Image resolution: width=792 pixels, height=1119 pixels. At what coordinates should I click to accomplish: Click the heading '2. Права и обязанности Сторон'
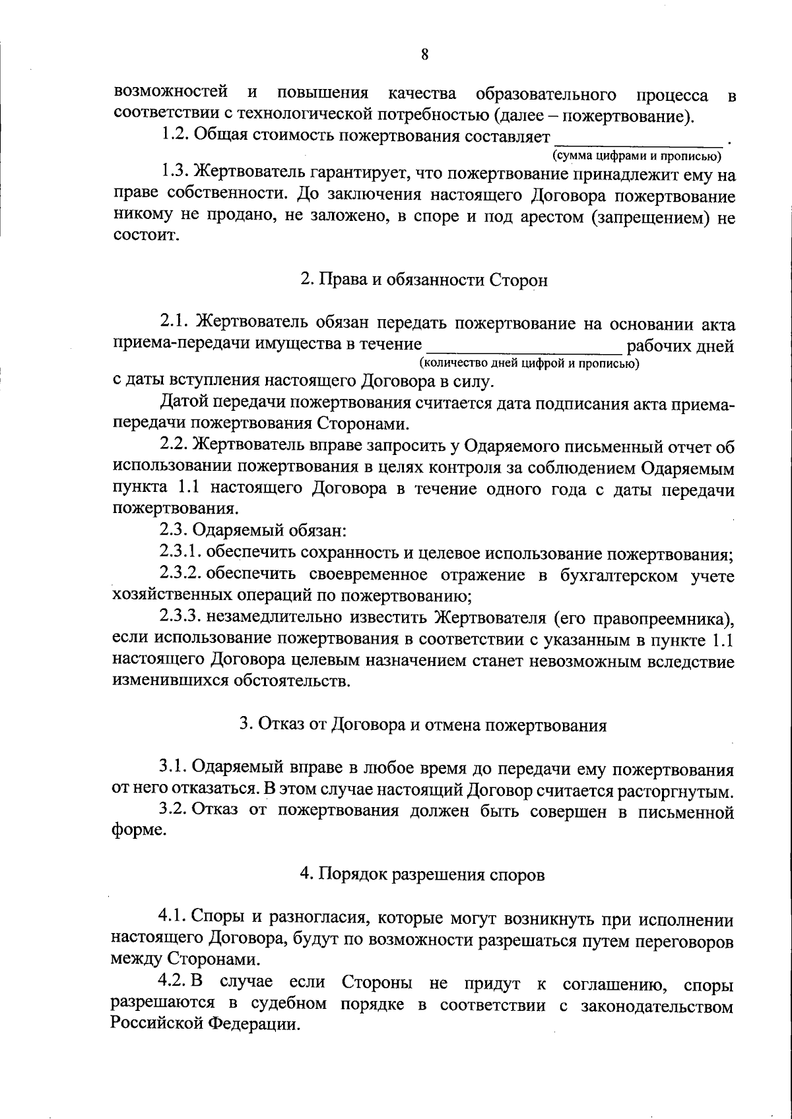[x=424, y=280]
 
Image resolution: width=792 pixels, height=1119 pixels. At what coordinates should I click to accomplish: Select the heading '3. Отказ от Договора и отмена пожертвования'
[x=422, y=725]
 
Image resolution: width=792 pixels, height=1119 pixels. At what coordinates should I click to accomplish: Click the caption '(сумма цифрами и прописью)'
[x=636, y=156]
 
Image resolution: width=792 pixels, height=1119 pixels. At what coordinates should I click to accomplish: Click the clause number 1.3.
[x=176, y=175]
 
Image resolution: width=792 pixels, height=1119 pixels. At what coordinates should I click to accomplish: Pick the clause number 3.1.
[x=174, y=768]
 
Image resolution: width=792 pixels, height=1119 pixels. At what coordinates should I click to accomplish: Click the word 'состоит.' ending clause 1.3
[x=147, y=236]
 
